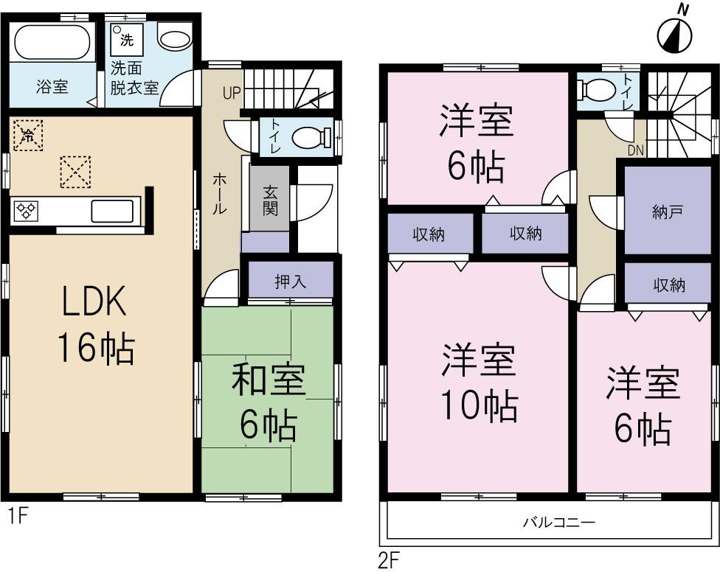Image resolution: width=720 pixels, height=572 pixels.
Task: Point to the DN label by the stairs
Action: click(636, 152)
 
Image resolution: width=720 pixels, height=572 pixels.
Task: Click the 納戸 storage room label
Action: click(668, 211)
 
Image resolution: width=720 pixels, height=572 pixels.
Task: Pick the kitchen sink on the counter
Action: click(111, 210)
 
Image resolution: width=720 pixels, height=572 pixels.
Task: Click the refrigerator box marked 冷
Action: click(28, 135)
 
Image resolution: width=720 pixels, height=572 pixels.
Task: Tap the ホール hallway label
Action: click(219, 193)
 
